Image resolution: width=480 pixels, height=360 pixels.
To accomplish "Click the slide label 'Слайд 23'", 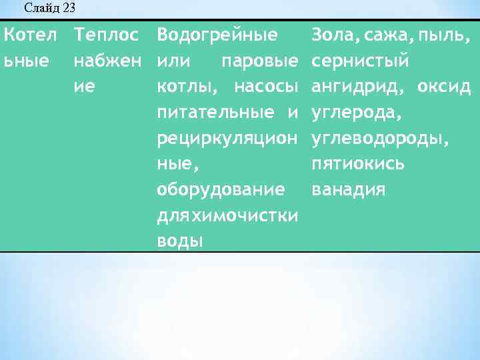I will pos(49,8).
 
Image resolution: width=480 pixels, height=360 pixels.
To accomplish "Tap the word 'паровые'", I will pos(259,61).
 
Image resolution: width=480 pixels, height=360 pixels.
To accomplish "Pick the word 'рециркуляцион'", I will pos(227,138).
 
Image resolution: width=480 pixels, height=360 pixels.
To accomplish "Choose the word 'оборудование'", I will pos(221,190).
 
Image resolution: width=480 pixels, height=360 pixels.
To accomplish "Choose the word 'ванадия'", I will pos(349,190).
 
